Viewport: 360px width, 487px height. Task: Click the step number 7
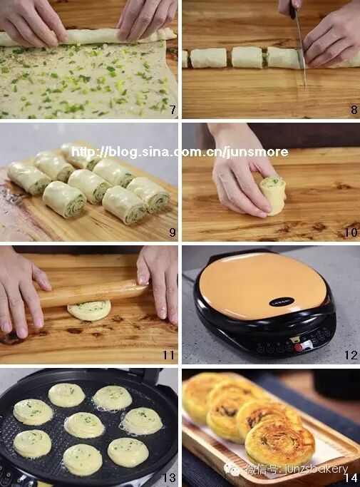(173, 109)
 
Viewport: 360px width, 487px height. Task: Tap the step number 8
(354, 109)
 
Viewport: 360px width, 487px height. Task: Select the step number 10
(351, 232)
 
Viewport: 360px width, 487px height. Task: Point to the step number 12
(351, 355)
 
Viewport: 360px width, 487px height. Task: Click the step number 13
(169, 478)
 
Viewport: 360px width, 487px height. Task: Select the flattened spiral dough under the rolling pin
(89, 310)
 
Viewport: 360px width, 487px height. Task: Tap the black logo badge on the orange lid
(282, 302)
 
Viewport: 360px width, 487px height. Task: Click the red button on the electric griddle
(299, 347)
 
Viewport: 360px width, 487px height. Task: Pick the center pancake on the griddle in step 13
(84, 425)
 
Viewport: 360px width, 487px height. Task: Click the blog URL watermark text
(180, 152)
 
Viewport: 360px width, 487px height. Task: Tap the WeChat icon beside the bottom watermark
(232, 468)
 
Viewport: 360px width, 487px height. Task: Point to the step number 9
(173, 232)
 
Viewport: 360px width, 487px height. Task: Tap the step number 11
(169, 355)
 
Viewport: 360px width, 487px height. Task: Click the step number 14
(351, 478)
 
